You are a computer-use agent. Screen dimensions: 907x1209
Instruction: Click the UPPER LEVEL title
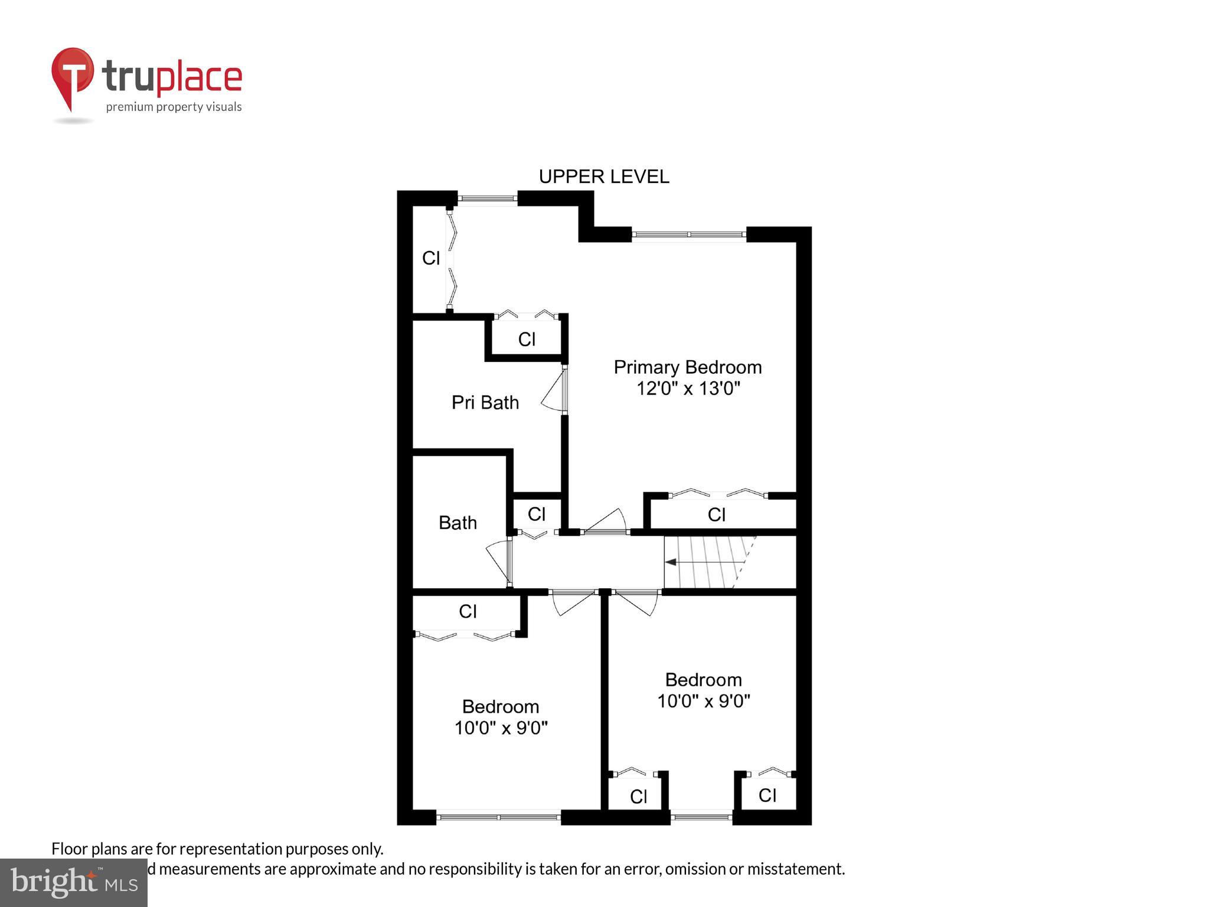603,177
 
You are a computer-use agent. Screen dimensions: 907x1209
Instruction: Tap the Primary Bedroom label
687,367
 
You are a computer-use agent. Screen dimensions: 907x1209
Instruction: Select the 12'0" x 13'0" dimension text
688,389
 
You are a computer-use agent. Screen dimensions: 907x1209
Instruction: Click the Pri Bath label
485,403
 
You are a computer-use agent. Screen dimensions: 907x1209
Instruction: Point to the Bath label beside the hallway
458,523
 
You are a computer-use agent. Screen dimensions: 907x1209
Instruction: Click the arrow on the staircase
671,562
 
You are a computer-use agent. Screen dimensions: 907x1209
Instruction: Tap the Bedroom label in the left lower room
500,706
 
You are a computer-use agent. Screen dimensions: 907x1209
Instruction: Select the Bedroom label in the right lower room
703,680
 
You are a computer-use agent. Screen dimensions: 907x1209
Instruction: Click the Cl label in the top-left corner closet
431,258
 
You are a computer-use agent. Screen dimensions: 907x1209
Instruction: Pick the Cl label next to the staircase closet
716,515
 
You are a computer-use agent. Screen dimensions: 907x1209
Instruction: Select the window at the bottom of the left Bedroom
499,817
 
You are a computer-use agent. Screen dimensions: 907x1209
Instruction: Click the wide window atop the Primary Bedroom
688,234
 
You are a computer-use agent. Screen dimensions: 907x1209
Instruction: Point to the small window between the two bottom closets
701,817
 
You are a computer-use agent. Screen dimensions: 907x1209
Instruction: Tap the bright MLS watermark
74,882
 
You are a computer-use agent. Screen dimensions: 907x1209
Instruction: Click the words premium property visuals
174,107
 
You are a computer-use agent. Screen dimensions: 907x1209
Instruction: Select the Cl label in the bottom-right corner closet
767,795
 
